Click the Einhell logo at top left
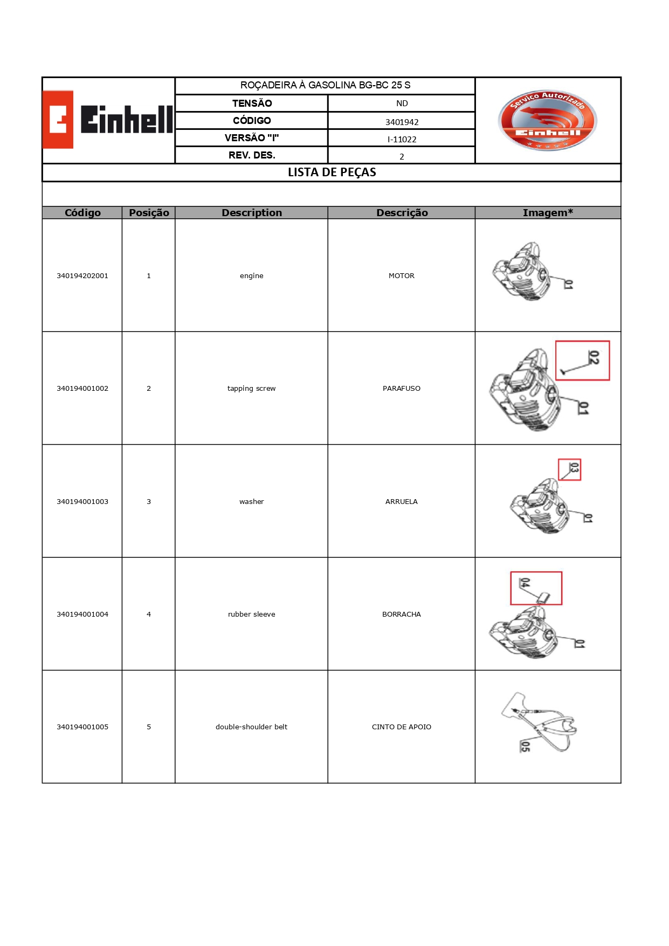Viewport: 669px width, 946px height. pyautogui.click(x=108, y=120)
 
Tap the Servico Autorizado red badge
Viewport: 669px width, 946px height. pyautogui.click(x=547, y=120)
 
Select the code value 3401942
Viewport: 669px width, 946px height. pyautogui.click(x=402, y=122)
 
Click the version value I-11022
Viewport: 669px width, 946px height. pyautogui.click(x=402, y=139)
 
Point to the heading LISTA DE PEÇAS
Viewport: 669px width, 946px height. pyautogui.click(x=332, y=172)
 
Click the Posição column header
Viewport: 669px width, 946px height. pyautogui.click(x=149, y=213)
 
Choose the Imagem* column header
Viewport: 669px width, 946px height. pyautogui.click(x=547, y=213)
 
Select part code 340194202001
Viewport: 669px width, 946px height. pyautogui.click(x=82, y=276)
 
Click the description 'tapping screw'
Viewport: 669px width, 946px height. pyautogui.click(x=251, y=389)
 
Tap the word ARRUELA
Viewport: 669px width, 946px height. pyautogui.click(x=401, y=502)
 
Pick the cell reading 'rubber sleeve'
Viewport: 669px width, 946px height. pyautogui.click(x=251, y=614)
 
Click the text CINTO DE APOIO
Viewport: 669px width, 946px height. pyautogui.click(x=401, y=727)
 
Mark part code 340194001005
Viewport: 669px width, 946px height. pyautogui.click(x=82, y=727)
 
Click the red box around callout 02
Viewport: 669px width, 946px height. pyautogui.click(x=582, y=361)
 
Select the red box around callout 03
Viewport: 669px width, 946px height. pyautogui.click(x=569, y=469)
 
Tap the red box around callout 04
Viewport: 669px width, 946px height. pyautogui.click(x=536, y=588)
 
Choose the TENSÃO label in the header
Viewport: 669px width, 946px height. pyautogui.click(x=252, y=103)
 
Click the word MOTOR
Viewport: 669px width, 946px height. pyautogui.click(x=401, y=276)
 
